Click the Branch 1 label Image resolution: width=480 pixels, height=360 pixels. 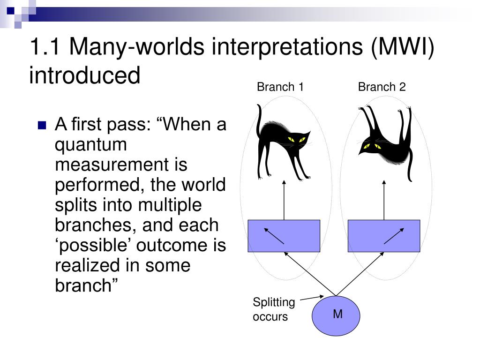(280, 87)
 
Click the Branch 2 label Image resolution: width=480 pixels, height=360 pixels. (382, 87)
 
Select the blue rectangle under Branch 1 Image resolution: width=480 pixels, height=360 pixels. (284, 236)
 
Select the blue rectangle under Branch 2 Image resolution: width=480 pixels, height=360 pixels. (384, 236)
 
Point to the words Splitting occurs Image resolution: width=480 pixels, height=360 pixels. (274, 309)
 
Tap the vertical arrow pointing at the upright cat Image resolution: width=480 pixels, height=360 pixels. (284, 199)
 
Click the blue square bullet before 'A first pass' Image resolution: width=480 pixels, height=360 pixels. (42, 126)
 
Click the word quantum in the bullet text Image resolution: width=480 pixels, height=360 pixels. (91, 144)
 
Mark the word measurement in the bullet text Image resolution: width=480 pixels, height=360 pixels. (121, 165)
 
